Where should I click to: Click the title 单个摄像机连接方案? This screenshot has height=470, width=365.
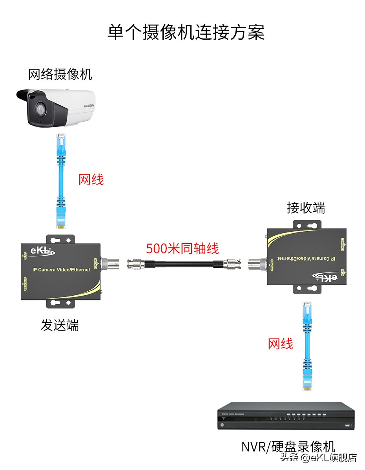[x=186, y=33]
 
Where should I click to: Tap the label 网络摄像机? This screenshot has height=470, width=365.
[x=60, y=74]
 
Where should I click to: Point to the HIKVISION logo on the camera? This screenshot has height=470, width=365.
[x=89, y=106]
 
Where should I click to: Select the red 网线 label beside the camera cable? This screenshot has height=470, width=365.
[x=91, y=180]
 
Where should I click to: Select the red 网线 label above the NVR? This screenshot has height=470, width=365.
[x=280, y=344]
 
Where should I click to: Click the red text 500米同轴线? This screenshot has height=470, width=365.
[x=182, y=249]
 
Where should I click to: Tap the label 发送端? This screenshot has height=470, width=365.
[x=60, y=325]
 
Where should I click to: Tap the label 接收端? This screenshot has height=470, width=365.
[x=306, y=208]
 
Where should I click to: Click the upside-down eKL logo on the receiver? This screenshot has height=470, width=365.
[x=325, y=277]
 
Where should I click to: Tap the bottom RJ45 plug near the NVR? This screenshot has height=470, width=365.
[x=307, y=380]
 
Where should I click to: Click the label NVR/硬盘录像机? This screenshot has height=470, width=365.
[x=288, y=447]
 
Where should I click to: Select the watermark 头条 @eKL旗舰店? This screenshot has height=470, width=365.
[x=318, y=458]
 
